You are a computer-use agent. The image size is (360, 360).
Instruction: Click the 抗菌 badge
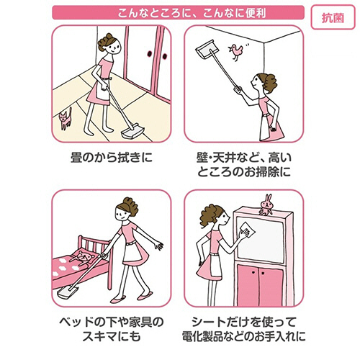click(333, 17)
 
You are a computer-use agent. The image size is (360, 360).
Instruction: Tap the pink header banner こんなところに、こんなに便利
click(178, 12)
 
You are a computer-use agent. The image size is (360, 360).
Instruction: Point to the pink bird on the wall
click(236, 52)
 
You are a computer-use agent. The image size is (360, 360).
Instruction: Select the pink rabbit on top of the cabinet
click(266, 204)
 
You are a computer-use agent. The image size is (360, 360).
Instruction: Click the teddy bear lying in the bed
click(82, 257)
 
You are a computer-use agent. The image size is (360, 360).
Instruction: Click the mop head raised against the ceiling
click(204, 50)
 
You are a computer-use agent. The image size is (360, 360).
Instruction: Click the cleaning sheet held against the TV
click(247, 230)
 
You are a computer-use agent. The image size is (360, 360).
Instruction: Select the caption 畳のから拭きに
click(112, 158)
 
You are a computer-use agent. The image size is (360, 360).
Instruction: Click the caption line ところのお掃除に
click(244, 172)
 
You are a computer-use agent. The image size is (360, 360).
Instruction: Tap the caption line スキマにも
click(112, 336)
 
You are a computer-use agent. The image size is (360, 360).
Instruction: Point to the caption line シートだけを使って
click(244, 322)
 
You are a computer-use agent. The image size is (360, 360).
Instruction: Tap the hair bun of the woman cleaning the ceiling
click(270, 83)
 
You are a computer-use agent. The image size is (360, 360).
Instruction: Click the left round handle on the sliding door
click(149, 54)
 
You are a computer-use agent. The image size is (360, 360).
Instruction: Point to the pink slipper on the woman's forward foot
click(118, 299)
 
